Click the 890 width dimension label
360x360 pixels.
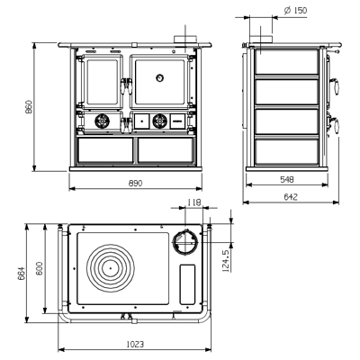pos(135,183)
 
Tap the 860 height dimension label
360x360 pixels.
pos(29,106)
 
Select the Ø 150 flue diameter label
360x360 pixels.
pos(295,11)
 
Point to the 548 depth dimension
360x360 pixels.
pos(287,179)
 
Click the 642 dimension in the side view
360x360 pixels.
pos(291,197)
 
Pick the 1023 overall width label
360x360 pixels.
pos(135,344)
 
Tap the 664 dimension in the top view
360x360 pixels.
pos(22,274)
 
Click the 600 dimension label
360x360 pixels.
pos(40,268)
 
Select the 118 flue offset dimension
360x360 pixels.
pos(194,202)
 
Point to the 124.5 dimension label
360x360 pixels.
pos(226,261)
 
